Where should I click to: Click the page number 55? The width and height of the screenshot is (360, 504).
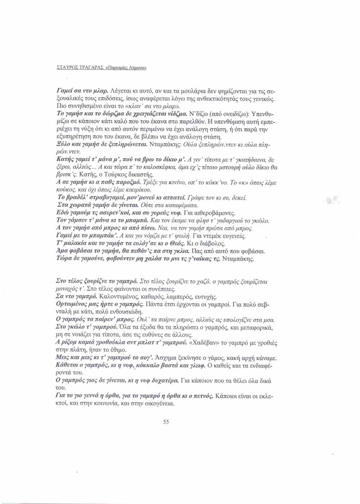click(x=166, y=422)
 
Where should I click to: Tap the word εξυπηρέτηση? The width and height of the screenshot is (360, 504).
click(x=75, y=137)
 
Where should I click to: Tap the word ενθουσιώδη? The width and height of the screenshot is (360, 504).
click(x=122, y=311)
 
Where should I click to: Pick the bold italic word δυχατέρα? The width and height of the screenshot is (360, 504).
click(x=164, y=381)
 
